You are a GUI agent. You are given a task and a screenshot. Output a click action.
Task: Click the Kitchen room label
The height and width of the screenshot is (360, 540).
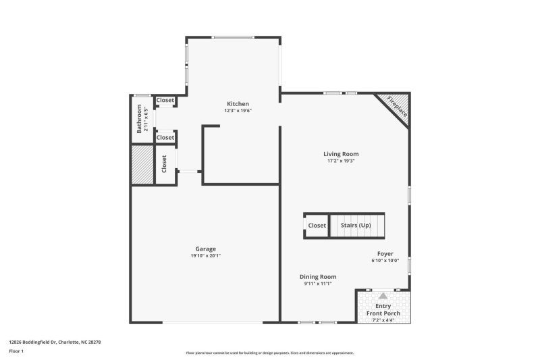click(x=238, y=104)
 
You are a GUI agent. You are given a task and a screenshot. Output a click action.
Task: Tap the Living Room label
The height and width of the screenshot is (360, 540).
click(x=341, y=154)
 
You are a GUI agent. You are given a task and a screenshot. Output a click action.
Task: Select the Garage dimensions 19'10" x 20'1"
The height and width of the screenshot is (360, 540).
click(x=206, y=255)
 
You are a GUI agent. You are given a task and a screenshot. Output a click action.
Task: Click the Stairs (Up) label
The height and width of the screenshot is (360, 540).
click(x=356, y=226)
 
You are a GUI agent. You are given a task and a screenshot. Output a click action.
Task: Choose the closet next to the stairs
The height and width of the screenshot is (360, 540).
click(x=317, y=226)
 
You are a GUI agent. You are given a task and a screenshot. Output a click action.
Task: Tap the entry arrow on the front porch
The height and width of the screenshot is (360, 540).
click(x=383, y=296)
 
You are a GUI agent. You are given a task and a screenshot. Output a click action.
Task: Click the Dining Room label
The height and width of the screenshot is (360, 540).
click(x=318, y=277)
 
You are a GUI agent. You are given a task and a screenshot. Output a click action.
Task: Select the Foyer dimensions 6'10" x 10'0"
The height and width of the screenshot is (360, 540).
click(x=385, y=261)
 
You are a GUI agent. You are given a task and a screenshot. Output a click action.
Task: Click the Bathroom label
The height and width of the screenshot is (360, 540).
click(x=139, y=118)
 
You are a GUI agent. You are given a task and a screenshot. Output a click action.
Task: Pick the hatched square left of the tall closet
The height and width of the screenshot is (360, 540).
click(x=142, y=164)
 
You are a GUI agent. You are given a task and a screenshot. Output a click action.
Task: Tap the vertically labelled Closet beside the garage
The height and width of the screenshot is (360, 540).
click(x=164, y=164)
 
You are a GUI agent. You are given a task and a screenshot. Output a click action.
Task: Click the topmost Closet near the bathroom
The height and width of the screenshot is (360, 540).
click(x=165, y=100)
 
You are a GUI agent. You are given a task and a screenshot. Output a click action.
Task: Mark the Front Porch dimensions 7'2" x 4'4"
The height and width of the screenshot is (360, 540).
click(x=383, y=320)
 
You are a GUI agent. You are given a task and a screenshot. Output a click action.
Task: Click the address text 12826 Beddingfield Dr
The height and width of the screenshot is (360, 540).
click(x=32, y=342)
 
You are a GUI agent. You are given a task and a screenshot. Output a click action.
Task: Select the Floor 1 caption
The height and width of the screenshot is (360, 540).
click(x=16, y=351)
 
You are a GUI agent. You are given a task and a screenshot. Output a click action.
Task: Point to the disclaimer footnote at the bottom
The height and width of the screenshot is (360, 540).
click(x=269, y=353)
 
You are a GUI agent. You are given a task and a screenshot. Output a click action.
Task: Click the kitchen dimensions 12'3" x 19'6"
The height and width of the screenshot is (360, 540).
click(x=238, y=111)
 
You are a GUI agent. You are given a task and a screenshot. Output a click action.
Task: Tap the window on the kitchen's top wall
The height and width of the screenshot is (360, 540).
click(x=233, y=37)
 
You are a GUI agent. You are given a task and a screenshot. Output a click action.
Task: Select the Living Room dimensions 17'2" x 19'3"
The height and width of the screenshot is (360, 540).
click(x=341, y=161)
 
